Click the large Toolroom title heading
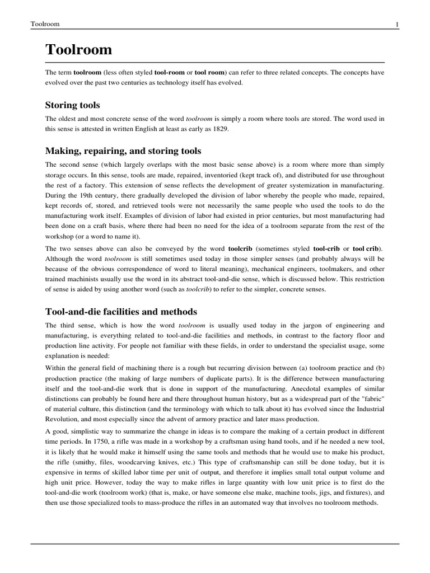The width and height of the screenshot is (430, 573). [78, 50]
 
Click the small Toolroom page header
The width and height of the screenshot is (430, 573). [45, 24]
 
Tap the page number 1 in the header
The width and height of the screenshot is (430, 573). [396, 24]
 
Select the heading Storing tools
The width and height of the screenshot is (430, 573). [72, 105]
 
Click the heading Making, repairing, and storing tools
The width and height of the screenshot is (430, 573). [123, 151]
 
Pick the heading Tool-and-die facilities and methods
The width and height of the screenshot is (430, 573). [121, 311]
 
